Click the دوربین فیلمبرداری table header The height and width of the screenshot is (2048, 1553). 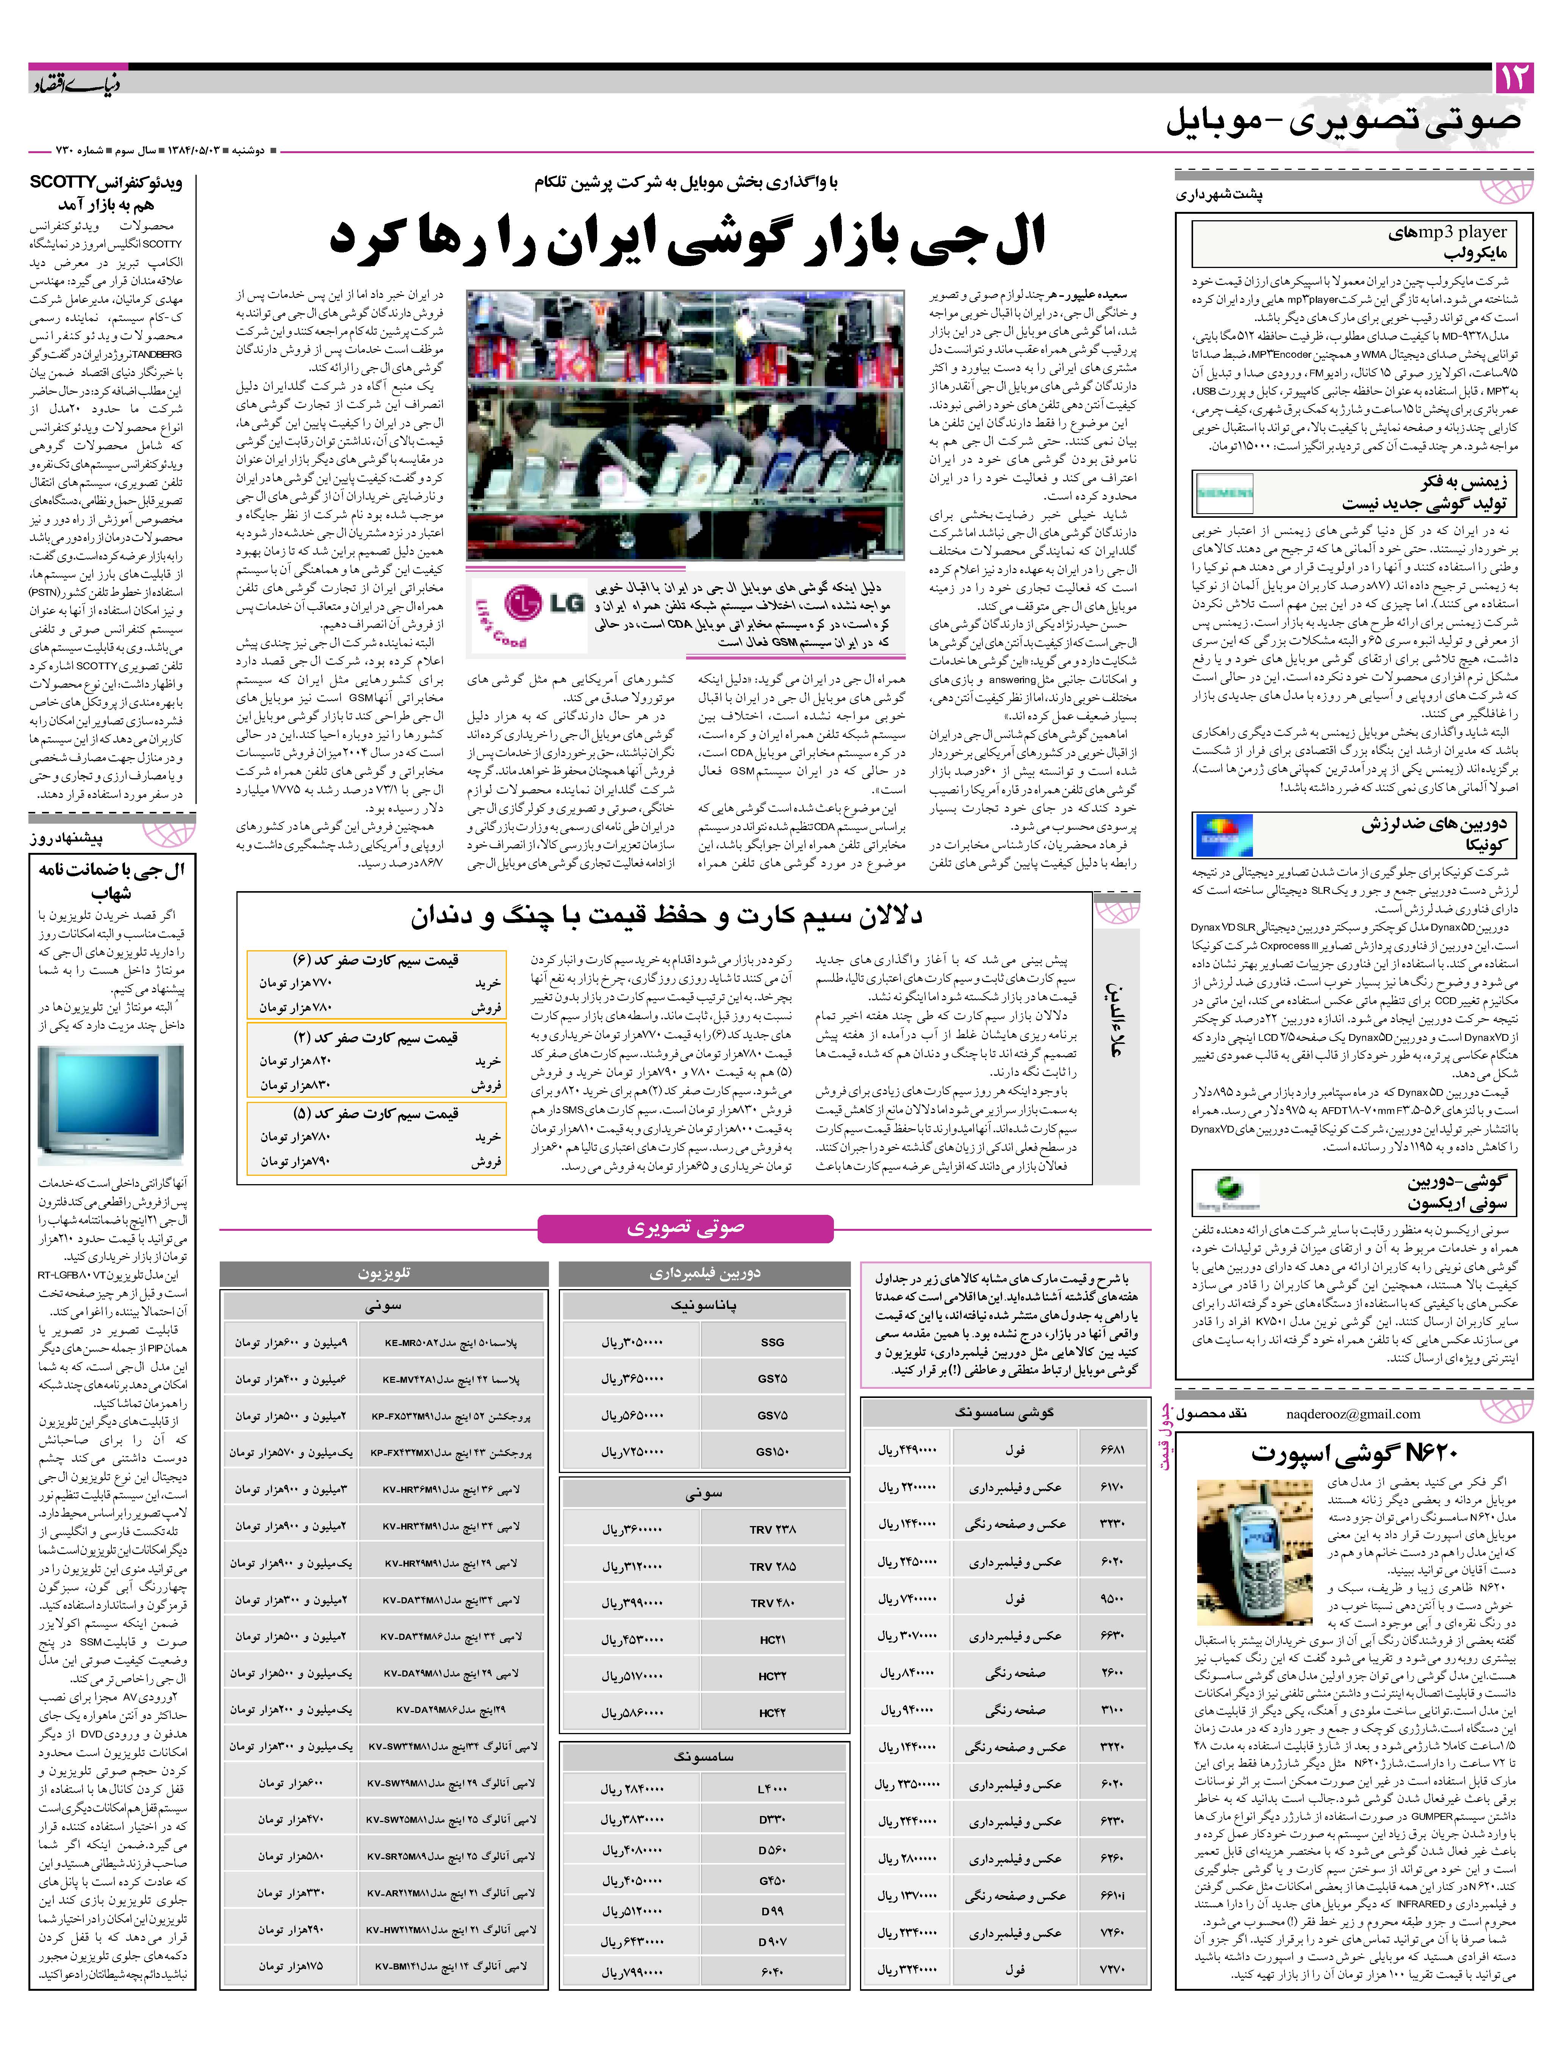(704, 1274)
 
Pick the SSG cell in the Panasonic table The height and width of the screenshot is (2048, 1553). (772, 1341)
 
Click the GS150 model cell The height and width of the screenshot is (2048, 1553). (772, 1452)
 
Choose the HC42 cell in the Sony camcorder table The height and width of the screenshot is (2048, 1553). (772, 1713)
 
